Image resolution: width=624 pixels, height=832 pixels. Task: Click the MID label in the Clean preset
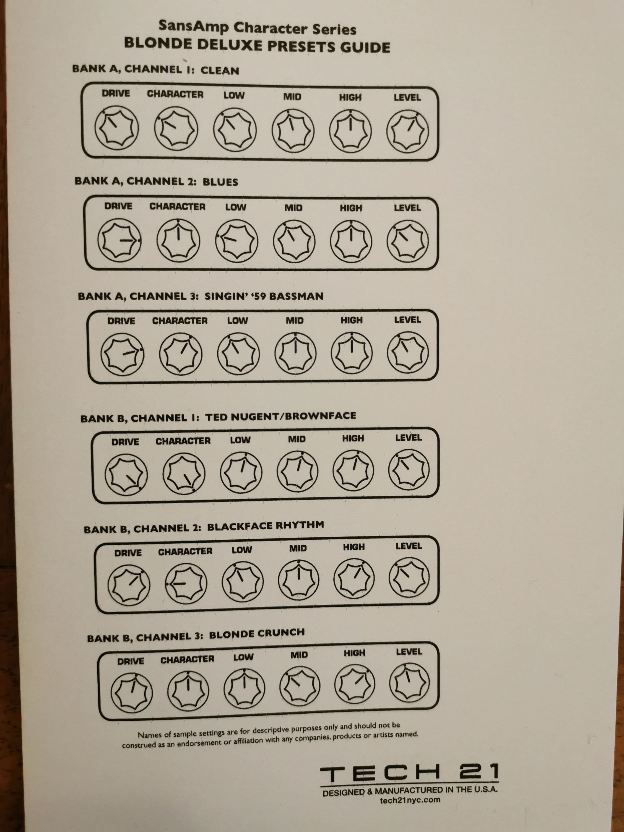pyautogui.click(x=292, y=97)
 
